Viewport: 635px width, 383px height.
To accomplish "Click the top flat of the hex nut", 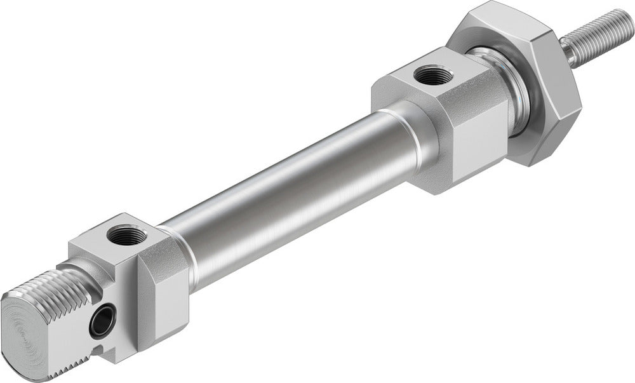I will tap(502, 25).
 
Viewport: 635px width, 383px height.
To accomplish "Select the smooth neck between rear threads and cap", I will tap(86, 270).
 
